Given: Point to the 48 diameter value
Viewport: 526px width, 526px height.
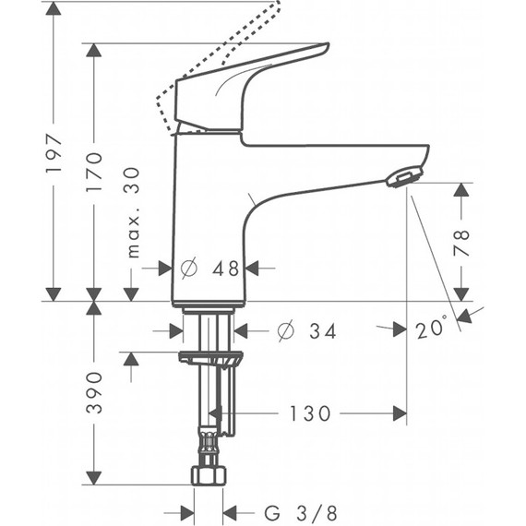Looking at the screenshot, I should point(226,269).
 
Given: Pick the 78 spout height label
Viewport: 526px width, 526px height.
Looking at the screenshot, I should point(461,241).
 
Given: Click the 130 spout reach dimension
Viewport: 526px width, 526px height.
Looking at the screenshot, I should point(310,413).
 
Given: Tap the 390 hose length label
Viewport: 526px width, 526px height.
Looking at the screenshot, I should point(93,392).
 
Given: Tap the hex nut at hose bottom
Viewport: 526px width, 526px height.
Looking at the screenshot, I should point(209,477).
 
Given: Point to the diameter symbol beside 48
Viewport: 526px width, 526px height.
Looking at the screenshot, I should point(189,269).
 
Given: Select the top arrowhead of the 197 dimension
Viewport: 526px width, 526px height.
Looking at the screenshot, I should point(54,10).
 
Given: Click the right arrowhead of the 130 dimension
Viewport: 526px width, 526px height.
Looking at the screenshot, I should point(399,413).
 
